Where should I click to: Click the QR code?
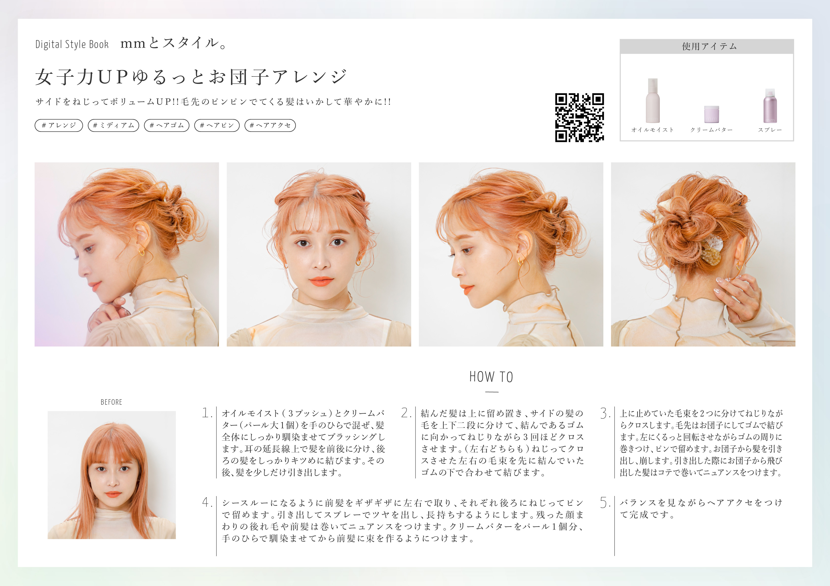579,118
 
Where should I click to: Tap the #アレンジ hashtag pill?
59,125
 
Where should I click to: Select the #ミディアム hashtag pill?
114,125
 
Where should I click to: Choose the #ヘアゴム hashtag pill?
167,125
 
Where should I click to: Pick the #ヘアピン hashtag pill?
217,125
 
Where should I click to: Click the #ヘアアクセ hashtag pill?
270,125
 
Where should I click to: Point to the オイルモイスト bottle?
653,101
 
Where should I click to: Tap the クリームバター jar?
711,114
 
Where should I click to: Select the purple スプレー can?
770,106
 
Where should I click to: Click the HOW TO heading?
491,377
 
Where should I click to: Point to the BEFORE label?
111,402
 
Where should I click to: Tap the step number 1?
206,413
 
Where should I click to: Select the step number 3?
605,413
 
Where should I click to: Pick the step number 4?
207,502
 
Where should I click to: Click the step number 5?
605,502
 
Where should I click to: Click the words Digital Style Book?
72,45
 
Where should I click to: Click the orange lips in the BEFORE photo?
113,494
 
